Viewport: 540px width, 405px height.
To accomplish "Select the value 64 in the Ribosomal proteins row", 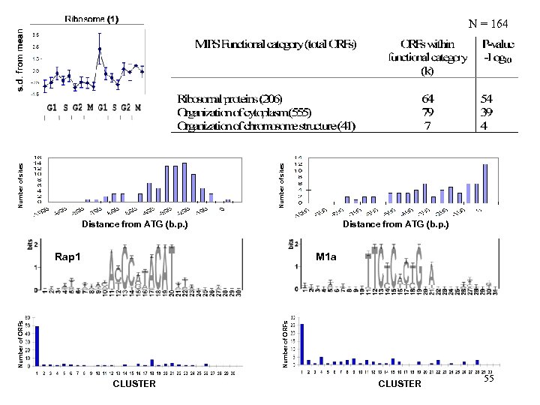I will [427, 99].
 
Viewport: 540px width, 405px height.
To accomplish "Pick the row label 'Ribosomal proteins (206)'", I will [230, 99].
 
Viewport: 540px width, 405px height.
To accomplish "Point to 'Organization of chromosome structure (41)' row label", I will [265, 126].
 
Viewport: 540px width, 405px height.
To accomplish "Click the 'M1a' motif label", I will [326, 257].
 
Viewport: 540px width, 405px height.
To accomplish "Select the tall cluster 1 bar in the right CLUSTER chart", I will [302, 344].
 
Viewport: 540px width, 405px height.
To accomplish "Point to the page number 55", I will [489, 379].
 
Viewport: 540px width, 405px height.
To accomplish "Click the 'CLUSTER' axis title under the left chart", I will [134, 384].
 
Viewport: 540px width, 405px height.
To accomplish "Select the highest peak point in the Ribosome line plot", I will [99, 49].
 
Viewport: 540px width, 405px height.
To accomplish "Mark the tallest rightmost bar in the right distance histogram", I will [485, 184].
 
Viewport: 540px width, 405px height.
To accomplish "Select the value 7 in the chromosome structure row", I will [427, 126].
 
